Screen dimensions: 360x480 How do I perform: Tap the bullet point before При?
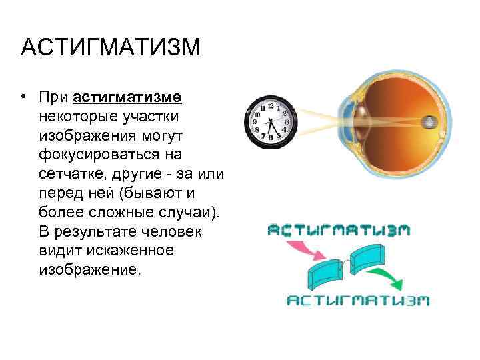click(23, 97)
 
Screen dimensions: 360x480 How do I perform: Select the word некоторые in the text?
click(79, 117)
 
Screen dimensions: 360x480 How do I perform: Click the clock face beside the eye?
click(271, 121)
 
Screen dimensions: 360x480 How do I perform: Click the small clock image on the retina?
click(431, 123)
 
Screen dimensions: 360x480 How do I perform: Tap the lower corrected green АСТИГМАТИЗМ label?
click(357, 301)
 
